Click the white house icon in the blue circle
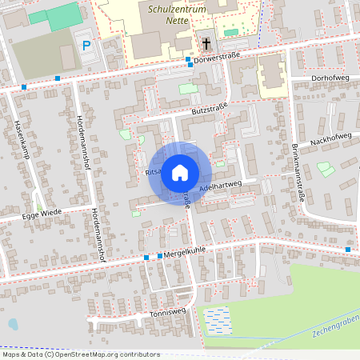[180, 173]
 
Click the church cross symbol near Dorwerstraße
[206, 44]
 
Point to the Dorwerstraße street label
[218, 57]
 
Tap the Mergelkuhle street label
[186, 253]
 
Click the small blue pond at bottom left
[12, 324]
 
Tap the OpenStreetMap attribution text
[80, 354]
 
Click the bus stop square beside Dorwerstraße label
[188, 60]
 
